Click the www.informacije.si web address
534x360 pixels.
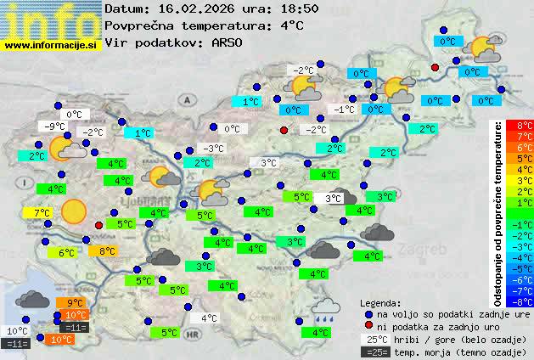coord(51,45)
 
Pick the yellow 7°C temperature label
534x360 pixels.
coord(41,212)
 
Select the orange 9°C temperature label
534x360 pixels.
coord(74,303)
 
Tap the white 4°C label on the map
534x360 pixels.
coord(209,318)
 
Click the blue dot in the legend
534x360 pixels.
coord(368,313)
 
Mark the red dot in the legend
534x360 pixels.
coord(368,326)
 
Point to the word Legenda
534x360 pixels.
coord(380,302)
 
